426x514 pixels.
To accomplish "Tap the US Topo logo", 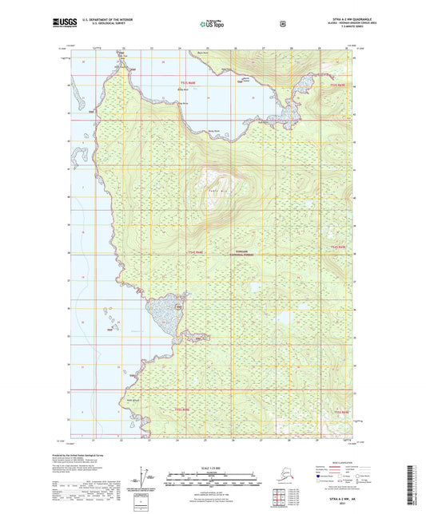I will pos(212,24).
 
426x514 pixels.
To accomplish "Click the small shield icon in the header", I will pos(282,24).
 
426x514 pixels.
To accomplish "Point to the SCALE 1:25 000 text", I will pos(213,467).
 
